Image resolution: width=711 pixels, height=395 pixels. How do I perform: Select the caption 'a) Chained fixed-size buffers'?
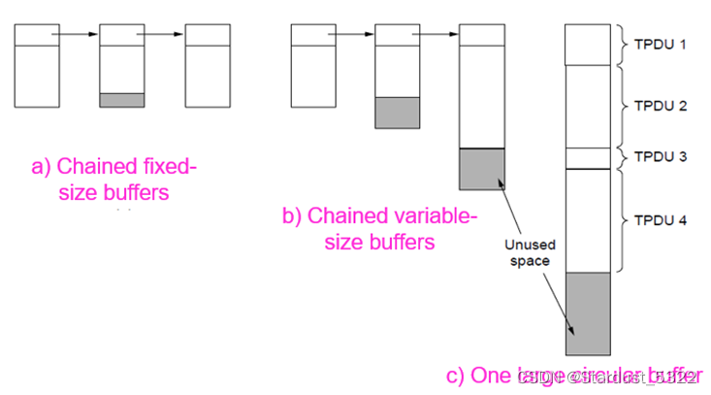coord(113,181)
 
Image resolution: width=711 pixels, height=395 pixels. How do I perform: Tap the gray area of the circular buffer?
coord(588,313)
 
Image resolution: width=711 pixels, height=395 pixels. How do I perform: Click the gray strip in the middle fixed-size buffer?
coord(122,100)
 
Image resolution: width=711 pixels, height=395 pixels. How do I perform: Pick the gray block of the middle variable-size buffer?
coord(397,112)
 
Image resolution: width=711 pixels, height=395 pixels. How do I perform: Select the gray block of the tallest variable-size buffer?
coord(481,169)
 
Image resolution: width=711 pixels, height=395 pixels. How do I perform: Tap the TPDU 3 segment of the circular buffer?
coord(588,158)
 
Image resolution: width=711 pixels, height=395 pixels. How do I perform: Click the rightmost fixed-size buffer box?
coord(207,65)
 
